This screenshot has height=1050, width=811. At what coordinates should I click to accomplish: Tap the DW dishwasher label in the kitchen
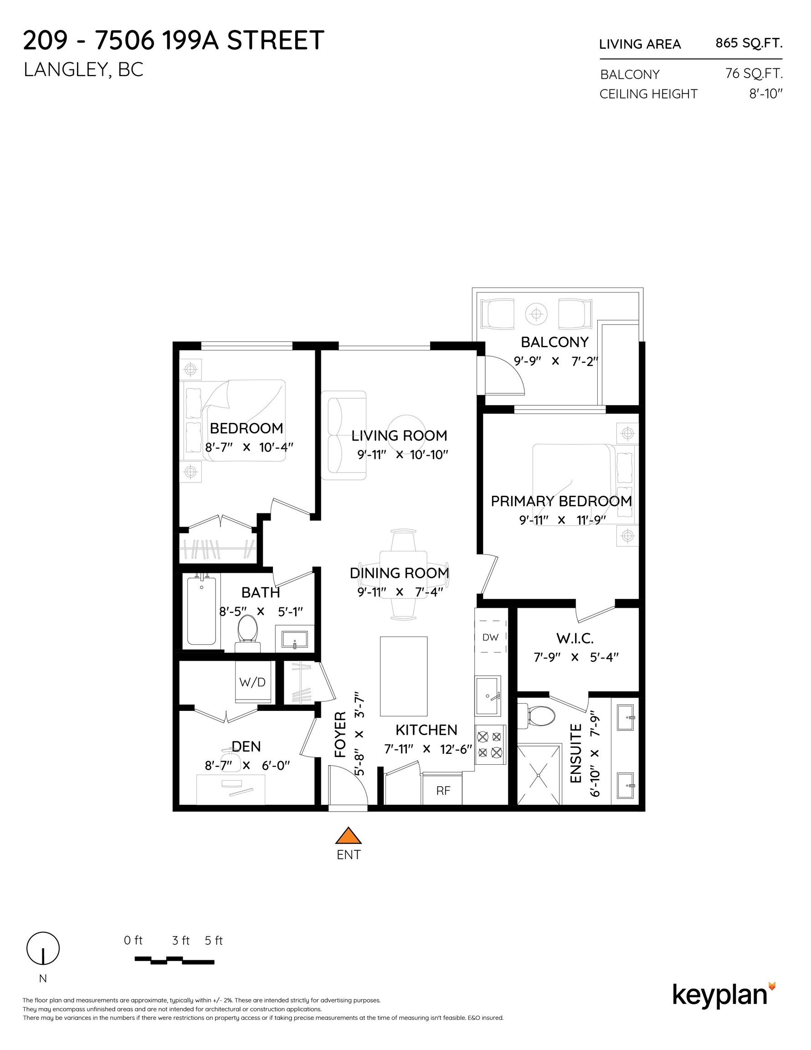(490, 638)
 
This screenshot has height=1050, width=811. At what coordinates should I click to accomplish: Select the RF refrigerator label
(443, 790)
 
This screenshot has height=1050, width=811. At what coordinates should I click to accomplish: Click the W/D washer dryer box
(252, 682)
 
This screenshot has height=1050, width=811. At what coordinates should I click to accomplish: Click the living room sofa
(343, 435)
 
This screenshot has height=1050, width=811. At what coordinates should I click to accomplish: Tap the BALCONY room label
(554, 342)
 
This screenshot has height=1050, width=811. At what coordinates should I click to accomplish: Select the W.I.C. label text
(575, 638)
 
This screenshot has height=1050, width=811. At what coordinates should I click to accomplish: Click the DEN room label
(246, 746)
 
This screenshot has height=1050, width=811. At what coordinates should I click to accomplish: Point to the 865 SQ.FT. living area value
(749, 43)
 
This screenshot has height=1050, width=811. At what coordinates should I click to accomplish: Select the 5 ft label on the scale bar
(214, 940)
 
